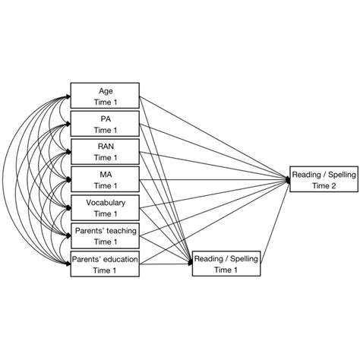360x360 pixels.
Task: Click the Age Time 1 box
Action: coord(105,95)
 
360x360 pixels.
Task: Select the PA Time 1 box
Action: coord(105,123)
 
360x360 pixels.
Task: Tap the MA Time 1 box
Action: coord(105,179)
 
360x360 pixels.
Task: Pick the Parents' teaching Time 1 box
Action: coord(105,235)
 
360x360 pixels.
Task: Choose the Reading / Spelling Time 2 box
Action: coord(324,180)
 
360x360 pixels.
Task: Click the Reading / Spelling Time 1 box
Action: coord(226,264)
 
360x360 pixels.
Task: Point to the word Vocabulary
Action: coord(106,202)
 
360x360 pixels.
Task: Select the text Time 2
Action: coord(324,186)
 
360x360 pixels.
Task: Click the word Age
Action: coord(106,90)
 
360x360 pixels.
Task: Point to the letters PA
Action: coord(106,118)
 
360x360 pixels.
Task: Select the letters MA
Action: coord(106,174)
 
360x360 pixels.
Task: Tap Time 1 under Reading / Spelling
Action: coord(226,270)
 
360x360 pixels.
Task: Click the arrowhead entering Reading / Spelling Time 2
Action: coord(288,180)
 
